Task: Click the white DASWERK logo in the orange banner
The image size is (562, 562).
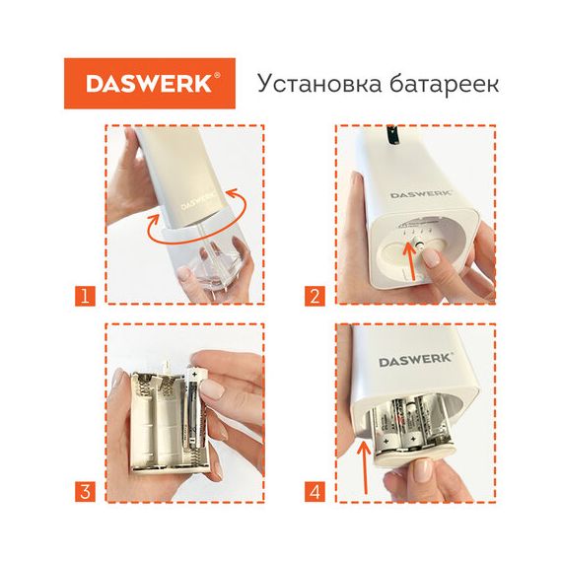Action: click(149, 84)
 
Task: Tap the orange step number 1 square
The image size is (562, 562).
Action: click(85, 296)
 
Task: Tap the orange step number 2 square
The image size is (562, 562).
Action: click(315, 296)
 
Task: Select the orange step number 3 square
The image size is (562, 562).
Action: click(85, 492)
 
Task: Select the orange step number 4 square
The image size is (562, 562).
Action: click(315, 492)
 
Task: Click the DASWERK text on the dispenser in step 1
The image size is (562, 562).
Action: click(199, 200)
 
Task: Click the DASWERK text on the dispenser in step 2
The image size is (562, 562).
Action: click(421, 194)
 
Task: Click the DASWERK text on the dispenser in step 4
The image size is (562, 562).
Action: click(416, 360)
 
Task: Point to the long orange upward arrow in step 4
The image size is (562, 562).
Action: click(365, 467)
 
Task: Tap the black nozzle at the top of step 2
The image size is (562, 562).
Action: click(393, 136)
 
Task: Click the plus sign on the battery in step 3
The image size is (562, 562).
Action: click(194, 375)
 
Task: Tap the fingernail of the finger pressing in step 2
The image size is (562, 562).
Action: click(432, 257)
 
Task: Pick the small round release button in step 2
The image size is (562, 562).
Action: click(418, 245)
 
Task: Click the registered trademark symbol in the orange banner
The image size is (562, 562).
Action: click(217, 75)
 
